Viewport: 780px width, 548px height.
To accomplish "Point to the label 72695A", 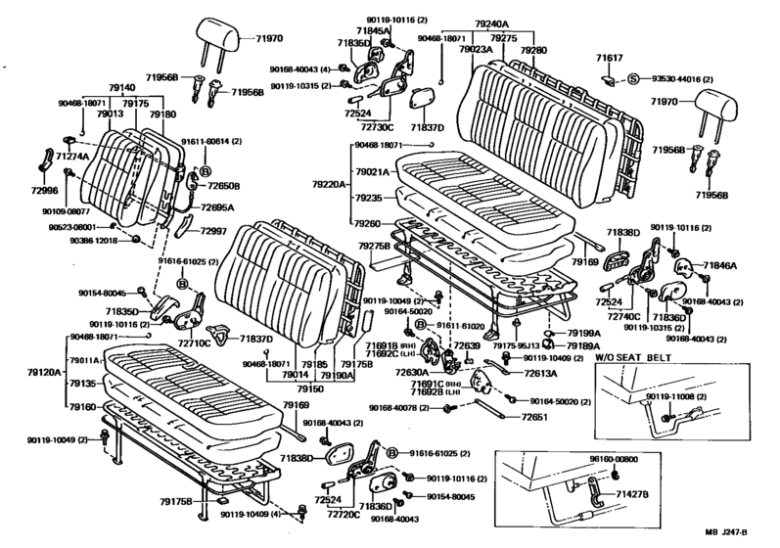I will click(x=218, y=208).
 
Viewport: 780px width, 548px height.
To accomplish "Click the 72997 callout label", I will click(x=215, y=231).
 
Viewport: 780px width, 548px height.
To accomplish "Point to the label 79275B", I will click(x=372, y=247).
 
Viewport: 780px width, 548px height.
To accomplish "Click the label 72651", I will click(x=533, y=418).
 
